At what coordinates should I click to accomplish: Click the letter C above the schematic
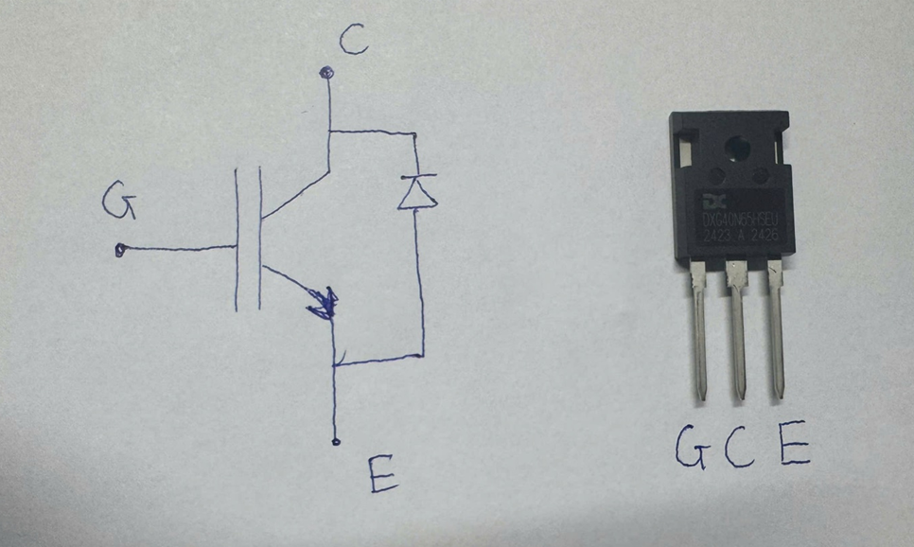pyautogui.click(x=352, y=40)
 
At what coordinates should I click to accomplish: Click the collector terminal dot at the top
pyautogui.click(x=327, y=72)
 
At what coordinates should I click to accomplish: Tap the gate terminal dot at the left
pyautogui.click(x=120, y=251)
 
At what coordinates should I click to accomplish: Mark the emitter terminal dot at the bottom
pyautogui.click(x=336, y=441)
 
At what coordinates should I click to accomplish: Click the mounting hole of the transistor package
pyautogui.click(x=734, y=147)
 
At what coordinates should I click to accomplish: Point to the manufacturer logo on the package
pyautogui.click(x=711, y=201)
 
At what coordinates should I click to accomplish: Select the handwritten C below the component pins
pyautogui.click(x=739, y=449)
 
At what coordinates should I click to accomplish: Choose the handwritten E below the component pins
pyautogui.click(x=793, y=447)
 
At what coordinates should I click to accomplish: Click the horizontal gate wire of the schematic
pyautogui.click(x=180, y=250)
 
